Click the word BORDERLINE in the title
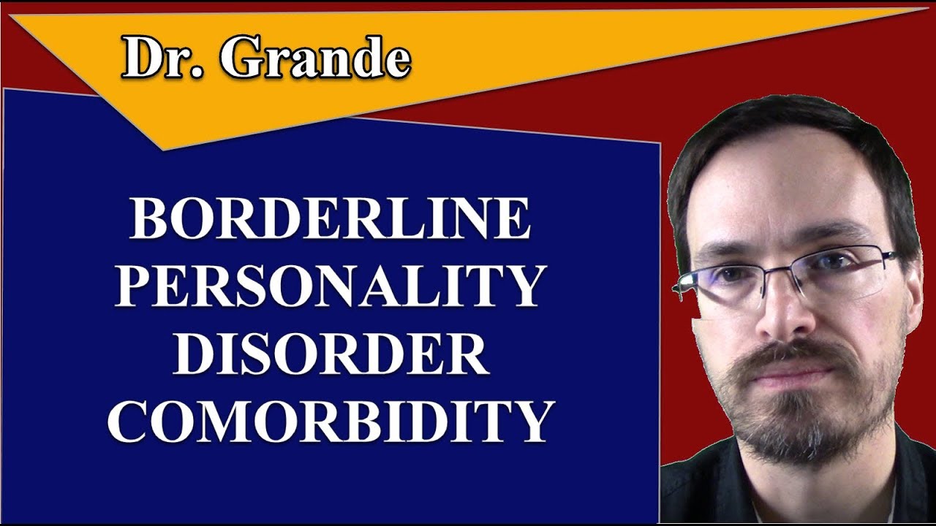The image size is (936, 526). [x=331, y=218]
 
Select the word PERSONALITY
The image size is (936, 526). [x=331, y=286]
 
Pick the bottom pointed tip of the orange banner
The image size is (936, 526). [x=162, y=149]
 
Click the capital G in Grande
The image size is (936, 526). [x=241, y=58]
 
